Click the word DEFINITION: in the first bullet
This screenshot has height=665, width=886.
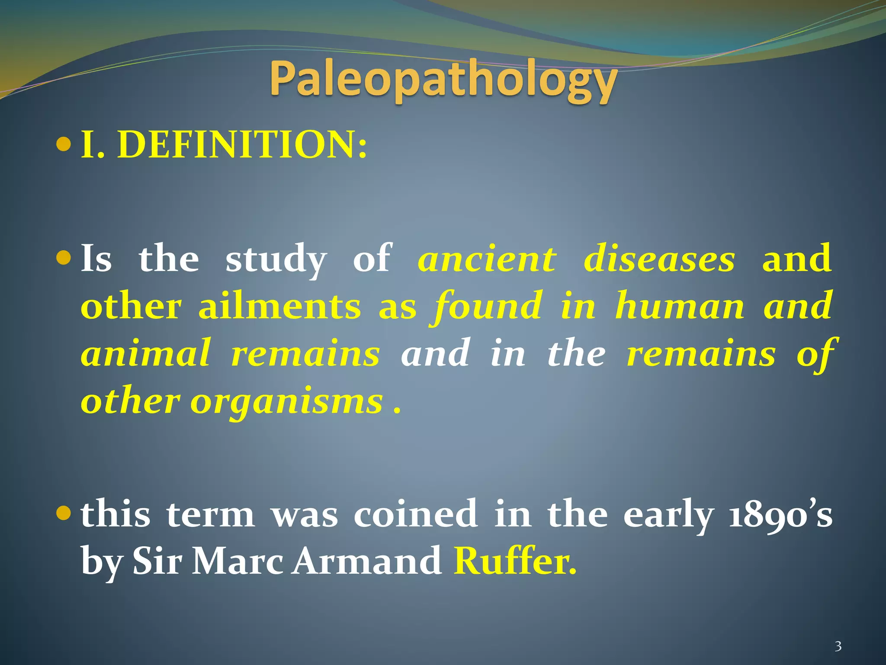pyautogui.click(x=242, y=145)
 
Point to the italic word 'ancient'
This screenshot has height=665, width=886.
pyautogui.click(x=487, y=259)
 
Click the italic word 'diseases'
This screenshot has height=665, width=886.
pyautogui.click(x=659, y=259)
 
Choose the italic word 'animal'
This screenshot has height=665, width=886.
pyautogui.click(x=146, y=353)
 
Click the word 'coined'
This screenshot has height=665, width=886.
pyautogui.click(x=416, y=514)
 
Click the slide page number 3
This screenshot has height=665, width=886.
pyautogui.click(x=838, y=647)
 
